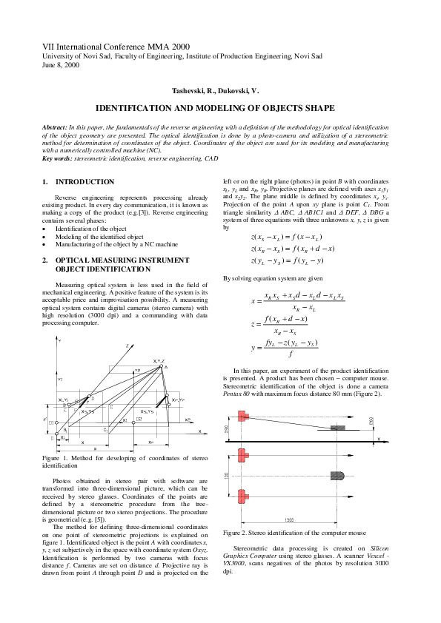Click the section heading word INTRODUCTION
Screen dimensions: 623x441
pyautogui.click(x=84, y=181)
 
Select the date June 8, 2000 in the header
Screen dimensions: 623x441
pyautogui.click(x=57, y=65)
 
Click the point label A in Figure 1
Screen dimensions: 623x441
pyautogui.click(x=166, y=367)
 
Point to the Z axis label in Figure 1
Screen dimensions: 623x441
pyautogui.click(x=127, y=346)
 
